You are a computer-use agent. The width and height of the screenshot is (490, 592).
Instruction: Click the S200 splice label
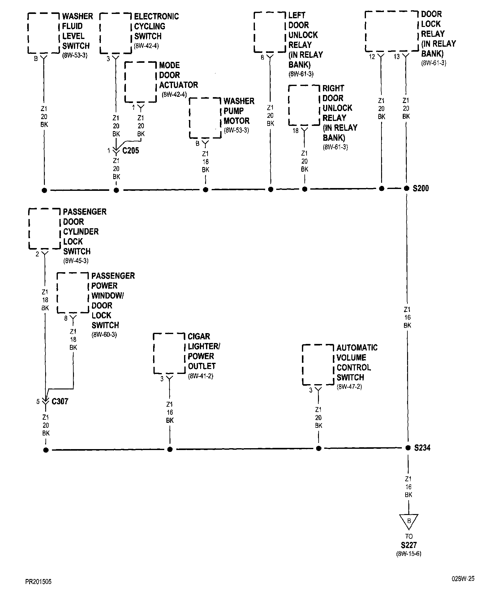(421, 188)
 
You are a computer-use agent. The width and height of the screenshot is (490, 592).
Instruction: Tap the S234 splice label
(422, 448)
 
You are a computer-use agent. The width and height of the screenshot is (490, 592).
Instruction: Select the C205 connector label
(131, 151)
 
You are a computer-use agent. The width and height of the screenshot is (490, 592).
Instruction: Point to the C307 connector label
(60, 401)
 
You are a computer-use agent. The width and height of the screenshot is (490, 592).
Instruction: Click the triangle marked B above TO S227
(409, 521)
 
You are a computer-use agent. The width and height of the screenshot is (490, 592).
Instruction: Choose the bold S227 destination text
(409, 545)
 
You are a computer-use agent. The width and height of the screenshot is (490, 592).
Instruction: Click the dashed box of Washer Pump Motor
(205, 118)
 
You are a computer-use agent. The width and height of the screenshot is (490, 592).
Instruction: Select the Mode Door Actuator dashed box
(140, 82)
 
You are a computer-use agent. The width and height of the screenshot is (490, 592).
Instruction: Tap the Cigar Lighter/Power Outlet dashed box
(169, 353)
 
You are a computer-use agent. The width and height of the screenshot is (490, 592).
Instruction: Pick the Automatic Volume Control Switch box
(318, 365)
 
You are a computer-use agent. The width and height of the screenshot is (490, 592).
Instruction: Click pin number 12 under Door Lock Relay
(372, 57)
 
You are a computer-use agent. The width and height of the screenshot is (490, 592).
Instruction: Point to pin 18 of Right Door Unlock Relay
(296, 131)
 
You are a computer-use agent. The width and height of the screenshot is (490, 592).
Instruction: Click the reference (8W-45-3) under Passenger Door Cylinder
(76, 261)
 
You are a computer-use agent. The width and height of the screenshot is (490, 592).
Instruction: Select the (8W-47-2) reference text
(349, 387)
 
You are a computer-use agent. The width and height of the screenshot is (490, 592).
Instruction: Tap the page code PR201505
(38, 582)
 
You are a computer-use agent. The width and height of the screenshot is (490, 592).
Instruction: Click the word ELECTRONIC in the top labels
(156, 16)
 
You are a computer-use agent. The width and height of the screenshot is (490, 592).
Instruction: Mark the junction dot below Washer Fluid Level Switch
(44, 190)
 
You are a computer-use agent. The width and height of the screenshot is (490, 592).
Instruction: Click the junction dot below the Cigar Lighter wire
(170, 449)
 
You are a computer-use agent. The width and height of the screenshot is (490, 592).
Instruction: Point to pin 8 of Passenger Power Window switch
(66, 318)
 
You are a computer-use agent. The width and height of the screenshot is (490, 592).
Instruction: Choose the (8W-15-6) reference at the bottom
(409, 554)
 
